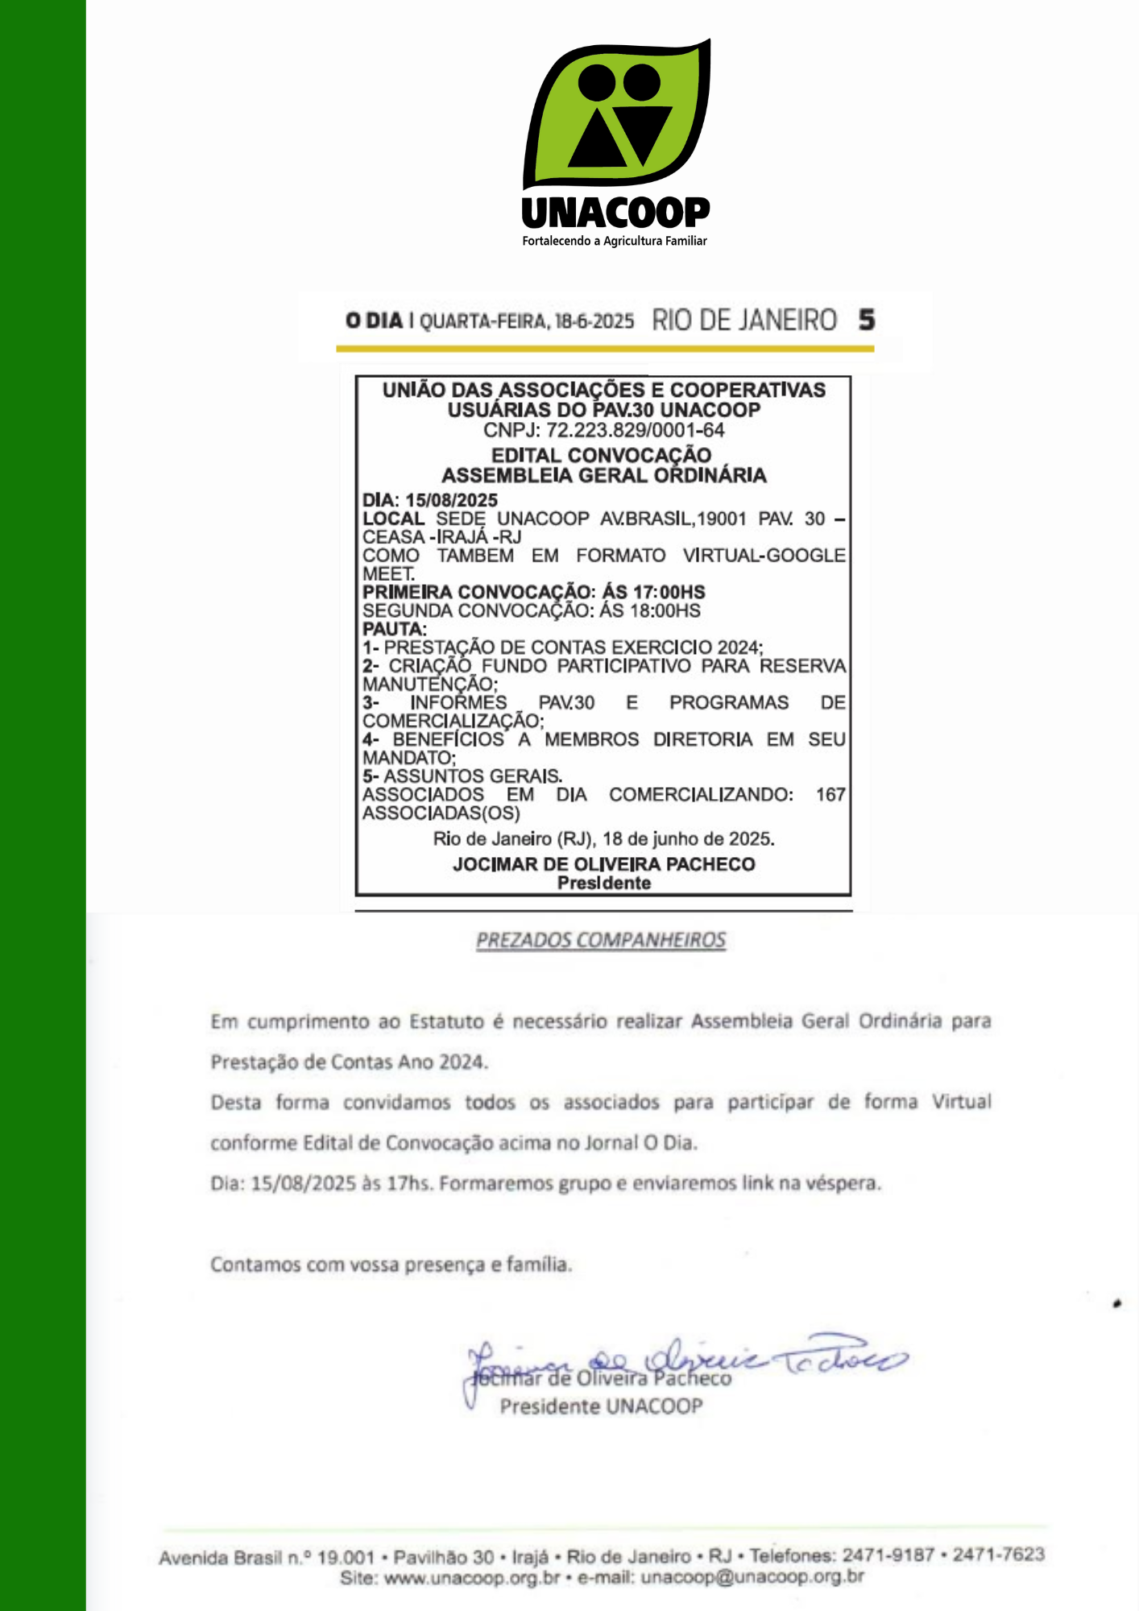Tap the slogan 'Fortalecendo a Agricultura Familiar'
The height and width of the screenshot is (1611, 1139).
[615, 241]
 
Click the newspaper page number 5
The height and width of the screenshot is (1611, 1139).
[866, 320]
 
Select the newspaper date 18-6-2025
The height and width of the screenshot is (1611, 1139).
[594, 321]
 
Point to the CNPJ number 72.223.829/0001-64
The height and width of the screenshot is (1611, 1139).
[635, 430]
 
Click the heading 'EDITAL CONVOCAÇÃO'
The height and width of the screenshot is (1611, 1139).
[602, 455]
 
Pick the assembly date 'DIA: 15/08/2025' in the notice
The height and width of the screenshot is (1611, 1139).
[430, 500]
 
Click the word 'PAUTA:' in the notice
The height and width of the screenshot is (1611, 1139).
[395, 629]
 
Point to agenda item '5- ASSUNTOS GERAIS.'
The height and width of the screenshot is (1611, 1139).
[462, 776]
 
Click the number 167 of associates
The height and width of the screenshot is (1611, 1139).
[830, 795]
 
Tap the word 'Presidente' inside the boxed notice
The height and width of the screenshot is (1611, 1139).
[604, 883]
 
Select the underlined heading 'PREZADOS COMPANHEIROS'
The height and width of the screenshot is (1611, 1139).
[601, 940]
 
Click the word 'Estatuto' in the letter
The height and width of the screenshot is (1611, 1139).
[447, 1021]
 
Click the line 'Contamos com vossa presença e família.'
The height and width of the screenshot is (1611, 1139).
[391, 1265]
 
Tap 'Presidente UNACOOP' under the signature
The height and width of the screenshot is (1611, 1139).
[601, 1406]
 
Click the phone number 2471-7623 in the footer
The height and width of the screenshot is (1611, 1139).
[999, 1554]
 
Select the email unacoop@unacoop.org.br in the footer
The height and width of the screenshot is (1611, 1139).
[752, 1576]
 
